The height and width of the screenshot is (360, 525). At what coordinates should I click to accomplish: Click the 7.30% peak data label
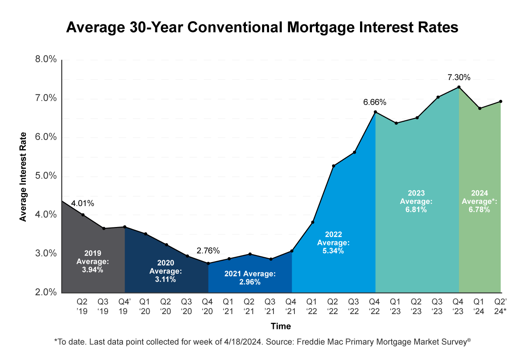(458, 77)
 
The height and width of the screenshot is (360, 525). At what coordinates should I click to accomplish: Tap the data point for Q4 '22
(375, 112)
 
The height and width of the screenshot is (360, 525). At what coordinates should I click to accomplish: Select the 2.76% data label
(208, 251)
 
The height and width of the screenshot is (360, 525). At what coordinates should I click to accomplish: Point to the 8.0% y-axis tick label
(45, 59)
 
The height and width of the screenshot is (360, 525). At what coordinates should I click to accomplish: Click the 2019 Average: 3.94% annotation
(93, 261)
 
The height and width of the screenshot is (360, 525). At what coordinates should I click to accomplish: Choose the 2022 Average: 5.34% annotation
(333, 242)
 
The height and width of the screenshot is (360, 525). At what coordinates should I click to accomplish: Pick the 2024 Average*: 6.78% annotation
(480, 201)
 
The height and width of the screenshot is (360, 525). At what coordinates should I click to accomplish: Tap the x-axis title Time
(280, 326)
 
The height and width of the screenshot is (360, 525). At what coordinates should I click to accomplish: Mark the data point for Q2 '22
(333, 166)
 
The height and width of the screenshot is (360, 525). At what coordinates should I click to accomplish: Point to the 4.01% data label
(83, 203)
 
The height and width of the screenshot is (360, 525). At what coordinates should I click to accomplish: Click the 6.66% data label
(374, 102)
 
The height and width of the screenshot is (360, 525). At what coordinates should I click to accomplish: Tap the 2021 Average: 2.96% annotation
(250, 278)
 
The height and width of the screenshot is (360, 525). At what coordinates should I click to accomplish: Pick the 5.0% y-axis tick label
(45, 176)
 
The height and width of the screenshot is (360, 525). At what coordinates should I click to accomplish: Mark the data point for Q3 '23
(438, 97)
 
